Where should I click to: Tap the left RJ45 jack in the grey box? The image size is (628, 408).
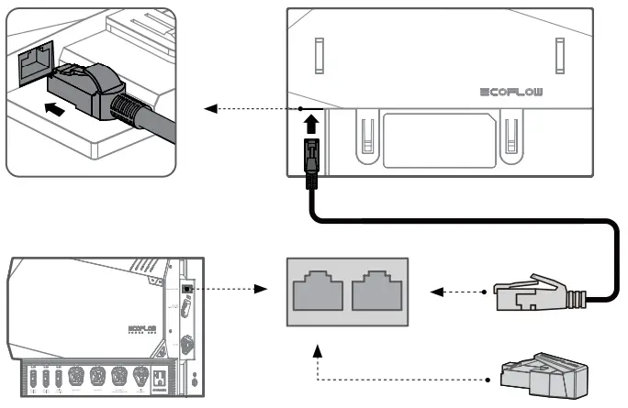point(318,292)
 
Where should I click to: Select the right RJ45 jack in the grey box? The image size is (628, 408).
point(373,292)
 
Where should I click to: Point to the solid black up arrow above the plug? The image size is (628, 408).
point(311,120)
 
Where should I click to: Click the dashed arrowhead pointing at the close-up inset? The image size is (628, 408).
point(209,109)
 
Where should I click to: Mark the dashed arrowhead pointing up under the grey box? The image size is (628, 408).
point(319,349)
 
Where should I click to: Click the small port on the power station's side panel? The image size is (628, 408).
point(187,288)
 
